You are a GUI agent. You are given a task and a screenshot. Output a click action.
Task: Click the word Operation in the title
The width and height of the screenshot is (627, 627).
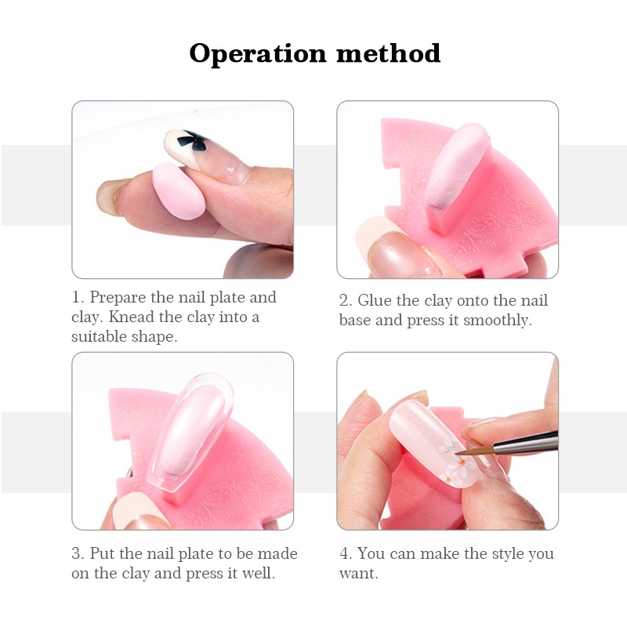coord(258,54)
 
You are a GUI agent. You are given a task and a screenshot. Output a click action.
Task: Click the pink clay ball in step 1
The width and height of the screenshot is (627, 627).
coord(180,190)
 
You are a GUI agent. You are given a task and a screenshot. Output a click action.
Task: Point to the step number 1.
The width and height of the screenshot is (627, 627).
coord(77,298)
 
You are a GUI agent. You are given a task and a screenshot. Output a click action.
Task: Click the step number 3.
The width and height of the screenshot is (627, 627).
coord(77,553)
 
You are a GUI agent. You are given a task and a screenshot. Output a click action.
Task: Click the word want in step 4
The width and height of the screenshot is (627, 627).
coord(357,574)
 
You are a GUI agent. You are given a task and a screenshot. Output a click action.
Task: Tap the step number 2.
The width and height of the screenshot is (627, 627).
coord(344,301)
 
